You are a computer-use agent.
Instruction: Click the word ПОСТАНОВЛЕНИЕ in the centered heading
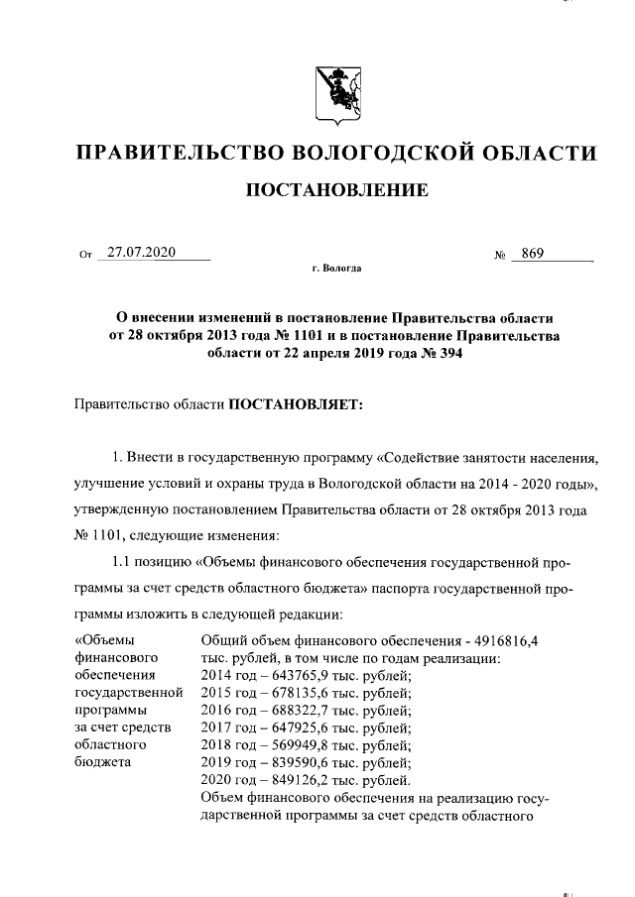[x=337, y=189]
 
